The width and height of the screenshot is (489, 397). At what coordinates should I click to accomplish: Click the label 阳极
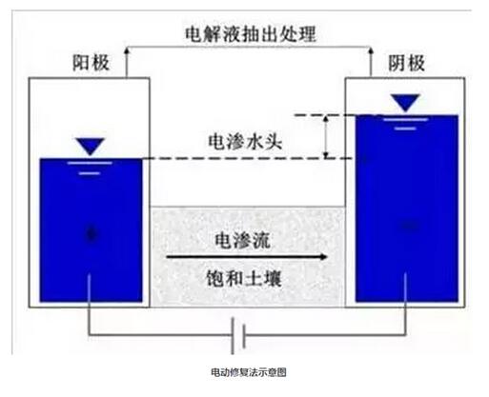[91, 63]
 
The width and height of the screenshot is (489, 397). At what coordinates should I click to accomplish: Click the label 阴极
[406, 63]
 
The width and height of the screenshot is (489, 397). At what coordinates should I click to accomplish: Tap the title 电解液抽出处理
[251, 34]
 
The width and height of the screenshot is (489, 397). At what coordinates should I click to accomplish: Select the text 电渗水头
[245, 142]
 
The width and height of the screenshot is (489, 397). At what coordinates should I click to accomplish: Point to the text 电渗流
[242, 240]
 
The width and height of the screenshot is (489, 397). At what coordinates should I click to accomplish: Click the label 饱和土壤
[244, 279]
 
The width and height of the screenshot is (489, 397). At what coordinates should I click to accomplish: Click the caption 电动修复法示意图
[249, 372]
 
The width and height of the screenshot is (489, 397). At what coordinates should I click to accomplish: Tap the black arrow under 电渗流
[247, 256]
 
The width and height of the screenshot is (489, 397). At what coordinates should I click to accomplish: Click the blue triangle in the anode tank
[91, 147]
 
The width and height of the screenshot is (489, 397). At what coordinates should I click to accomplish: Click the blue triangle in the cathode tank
[405, 103]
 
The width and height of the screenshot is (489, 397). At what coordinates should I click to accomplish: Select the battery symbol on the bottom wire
[238, 336]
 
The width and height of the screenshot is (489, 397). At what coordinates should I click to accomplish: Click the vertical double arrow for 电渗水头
[326, 137]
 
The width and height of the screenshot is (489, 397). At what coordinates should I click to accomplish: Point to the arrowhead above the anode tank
[127, 50]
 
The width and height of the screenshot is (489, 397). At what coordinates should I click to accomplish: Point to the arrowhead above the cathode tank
[370, 50]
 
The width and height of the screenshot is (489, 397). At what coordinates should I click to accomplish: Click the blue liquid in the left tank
[91, 230]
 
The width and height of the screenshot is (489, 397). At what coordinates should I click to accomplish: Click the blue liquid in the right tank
[407, 208]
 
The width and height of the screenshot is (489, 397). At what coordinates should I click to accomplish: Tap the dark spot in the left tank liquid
[92, 234]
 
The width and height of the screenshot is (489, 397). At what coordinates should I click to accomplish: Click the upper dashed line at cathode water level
[324, 115]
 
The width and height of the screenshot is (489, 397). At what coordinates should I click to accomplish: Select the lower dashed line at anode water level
[247, 158]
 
